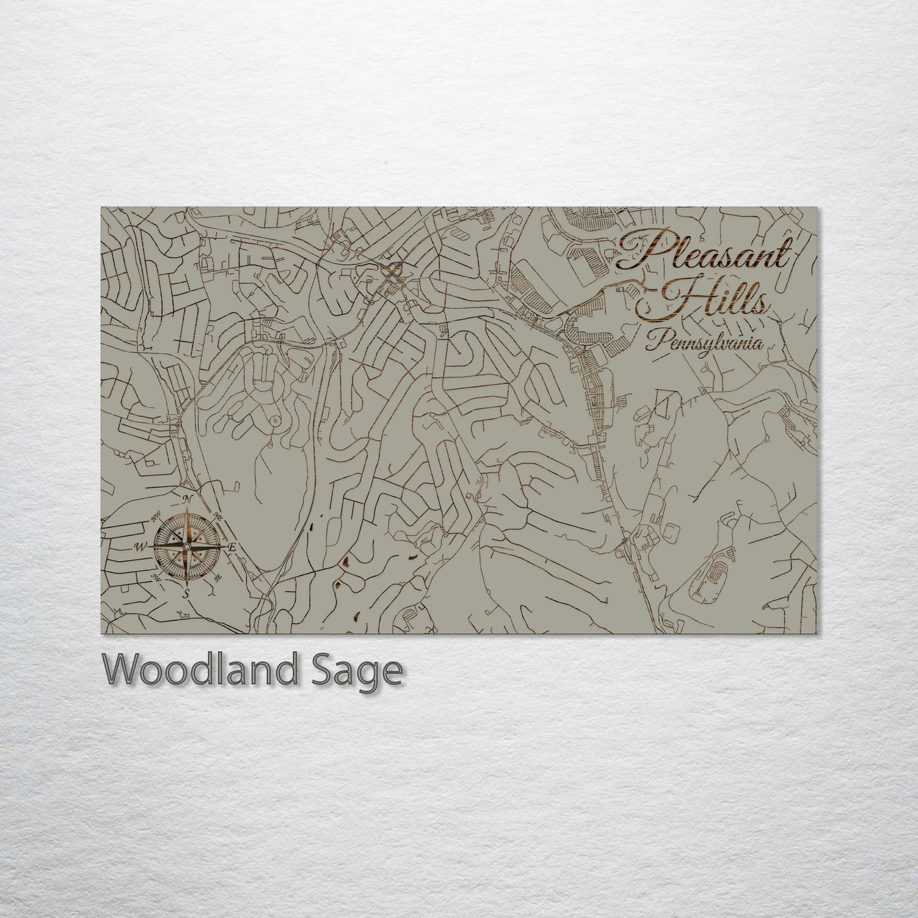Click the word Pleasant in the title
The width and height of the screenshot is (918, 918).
(x=704, y=253)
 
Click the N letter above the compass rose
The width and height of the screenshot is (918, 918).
(x=187, y=500)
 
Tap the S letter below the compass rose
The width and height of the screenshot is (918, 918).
(x=186, y=593)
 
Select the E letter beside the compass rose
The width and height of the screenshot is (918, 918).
(x=232, y=547)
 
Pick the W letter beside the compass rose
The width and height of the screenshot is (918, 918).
(x=140, y=546)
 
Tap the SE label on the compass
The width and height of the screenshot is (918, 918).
(x=218, y=578)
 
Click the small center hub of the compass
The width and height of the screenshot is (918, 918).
(x=187, y=546)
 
